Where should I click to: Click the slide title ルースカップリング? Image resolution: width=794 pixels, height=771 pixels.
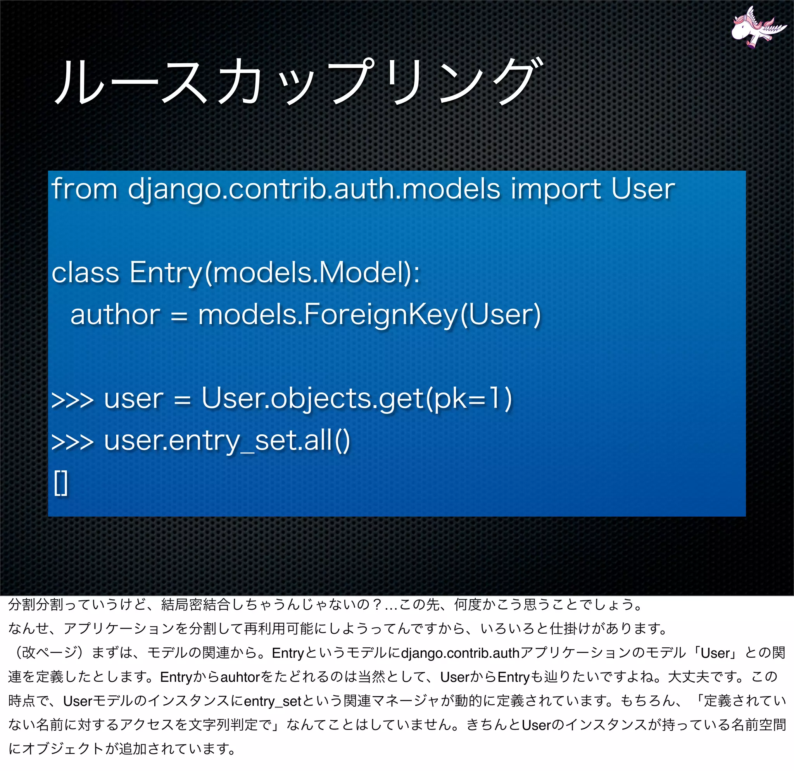coord(298,81)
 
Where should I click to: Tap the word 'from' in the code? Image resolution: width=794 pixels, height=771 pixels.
coord(84,189)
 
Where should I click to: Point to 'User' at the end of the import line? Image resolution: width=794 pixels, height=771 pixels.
coord(642,189)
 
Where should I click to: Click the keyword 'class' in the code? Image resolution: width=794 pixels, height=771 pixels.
coord(85,272)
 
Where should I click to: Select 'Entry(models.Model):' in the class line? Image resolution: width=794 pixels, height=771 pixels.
coord(274,273)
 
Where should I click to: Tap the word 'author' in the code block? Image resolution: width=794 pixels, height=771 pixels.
coord(115,315)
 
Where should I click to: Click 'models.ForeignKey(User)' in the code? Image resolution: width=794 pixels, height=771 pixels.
coord(369,316)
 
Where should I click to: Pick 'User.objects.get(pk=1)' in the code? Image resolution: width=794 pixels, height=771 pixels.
coord(357,399)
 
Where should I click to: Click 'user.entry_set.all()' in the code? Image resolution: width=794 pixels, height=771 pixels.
coord(227,441)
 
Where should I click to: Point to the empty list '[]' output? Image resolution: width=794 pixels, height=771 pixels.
coord(61,483)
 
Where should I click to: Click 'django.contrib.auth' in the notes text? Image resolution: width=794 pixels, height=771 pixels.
coord(460,653)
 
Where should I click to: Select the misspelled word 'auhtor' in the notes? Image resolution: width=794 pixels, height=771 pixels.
coord(240,678)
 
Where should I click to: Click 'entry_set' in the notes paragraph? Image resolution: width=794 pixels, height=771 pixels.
coord(273,701)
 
